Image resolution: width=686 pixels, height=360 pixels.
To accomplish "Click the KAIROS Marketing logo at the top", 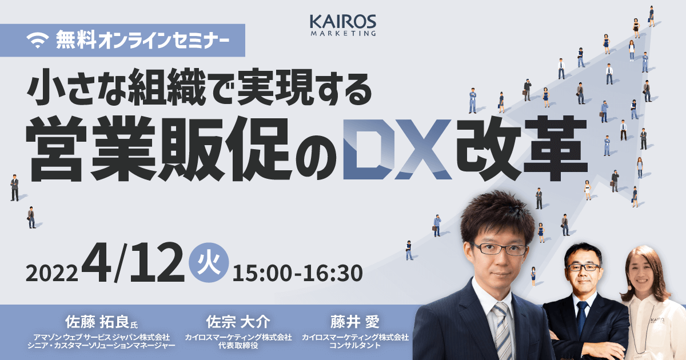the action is pos(343,25).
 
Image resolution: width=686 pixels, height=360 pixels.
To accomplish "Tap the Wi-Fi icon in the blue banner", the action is pos(38,41).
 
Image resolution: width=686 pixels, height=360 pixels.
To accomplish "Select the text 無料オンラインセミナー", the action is pos(142,40).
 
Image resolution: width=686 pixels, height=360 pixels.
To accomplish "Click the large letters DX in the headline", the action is pos(397,149).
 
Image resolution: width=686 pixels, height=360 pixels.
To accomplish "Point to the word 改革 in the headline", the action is pos(521,149).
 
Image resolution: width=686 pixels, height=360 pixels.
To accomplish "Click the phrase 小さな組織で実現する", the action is pos(200,87).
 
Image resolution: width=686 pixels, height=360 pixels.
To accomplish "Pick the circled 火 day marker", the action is pos(209,262).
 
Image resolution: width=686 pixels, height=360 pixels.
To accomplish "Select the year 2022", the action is pos(52,273).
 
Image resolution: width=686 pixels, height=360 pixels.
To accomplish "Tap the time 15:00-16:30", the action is pos(298,273).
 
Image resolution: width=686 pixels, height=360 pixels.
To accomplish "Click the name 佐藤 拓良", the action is pos(97,322).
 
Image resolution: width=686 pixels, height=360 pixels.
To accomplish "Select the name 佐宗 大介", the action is pos(238,322).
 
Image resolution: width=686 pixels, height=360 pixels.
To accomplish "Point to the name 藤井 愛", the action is pos(355,322).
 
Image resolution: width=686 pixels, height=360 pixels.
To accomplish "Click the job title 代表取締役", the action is pos(238,346).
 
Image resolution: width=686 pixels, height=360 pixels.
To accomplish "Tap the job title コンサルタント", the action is pos(355,346).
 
